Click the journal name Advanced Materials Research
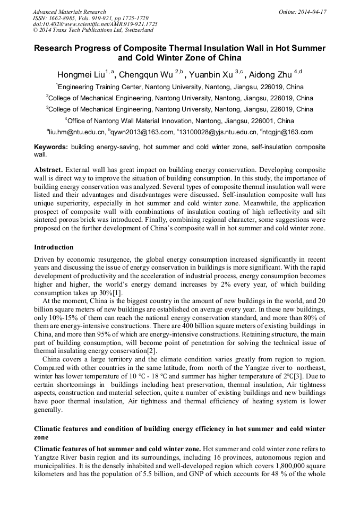[70, 12]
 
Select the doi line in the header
[95, 24]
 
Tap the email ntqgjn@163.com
[288, 132]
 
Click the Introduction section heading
[54, 247]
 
